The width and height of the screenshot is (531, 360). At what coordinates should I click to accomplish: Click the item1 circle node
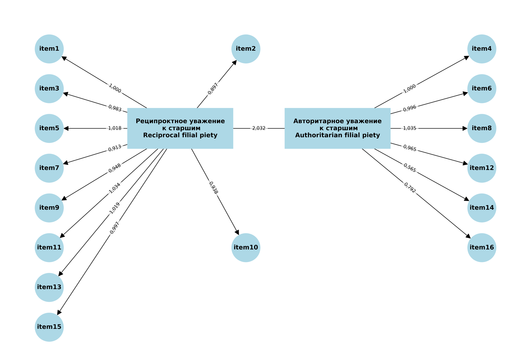tap(49, 49)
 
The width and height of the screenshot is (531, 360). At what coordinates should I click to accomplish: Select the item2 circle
tap(246, 49)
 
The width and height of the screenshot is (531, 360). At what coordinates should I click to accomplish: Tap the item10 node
tap(246, 248)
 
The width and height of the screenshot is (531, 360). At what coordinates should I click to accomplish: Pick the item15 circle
tap(49, 327)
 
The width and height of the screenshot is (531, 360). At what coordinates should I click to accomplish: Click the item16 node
tap(482, 248)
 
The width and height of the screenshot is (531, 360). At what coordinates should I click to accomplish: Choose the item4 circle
tap(482, 49)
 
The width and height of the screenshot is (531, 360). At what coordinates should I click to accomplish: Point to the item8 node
tap(482, 128)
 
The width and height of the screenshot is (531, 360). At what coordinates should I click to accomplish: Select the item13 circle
tap(49, 287)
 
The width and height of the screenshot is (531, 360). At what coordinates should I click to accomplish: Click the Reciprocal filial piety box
tap(180, 128)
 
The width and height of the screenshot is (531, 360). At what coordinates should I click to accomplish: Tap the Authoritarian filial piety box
tap(338, 128)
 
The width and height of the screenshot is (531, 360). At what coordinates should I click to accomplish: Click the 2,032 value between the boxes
tap(259, 128)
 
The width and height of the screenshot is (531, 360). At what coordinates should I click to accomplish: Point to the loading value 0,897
tap(213, 89)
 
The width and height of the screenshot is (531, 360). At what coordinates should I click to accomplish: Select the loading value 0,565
tap(410, 168)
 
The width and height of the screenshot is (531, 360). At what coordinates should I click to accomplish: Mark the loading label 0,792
tap(410, 188)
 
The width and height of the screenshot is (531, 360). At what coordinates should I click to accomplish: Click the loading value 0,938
tap(214, 188)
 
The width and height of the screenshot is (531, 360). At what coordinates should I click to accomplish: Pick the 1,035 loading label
tap(410, 128)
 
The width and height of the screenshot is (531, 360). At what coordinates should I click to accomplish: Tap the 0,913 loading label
tap(115, 148)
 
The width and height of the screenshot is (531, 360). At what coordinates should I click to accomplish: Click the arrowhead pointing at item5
tap(66, 128)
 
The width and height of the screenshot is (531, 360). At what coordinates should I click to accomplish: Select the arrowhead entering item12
tap(465, 163)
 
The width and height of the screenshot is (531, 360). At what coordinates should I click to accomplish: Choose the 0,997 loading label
tap(114, 228)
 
